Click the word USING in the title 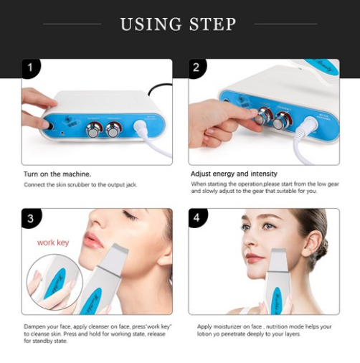[x=151, y=24]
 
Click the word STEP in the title [x=213, y=24]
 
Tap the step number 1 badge [x=30, y=67]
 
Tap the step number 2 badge [x=196, y=67]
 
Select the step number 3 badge [x=31, y=218]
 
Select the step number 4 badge [x=197, y=218]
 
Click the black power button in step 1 [x=50, y=126]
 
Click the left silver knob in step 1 [x=93, y=129]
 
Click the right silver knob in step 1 [x=113, y=129]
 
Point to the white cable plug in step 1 [x=141, y=126]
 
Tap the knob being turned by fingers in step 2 [x=262, y=116]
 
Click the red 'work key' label [x=53, y=242]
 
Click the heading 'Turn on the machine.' [x=57, y=174]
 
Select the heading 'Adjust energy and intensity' [x=234, y=174]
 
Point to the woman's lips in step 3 [x=93, y=240]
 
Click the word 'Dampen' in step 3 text [x=33, y=327]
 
